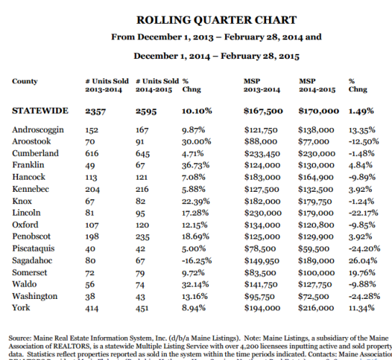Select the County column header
click(25, 81)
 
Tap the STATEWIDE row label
click(40, 111)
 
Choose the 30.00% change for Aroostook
click(196, 142)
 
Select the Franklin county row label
click(29, 165)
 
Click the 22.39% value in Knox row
click(196, 201)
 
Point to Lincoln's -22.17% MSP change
click(364, 213)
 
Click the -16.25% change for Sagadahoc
click(199, 261)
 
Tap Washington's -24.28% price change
click(364, 296)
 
